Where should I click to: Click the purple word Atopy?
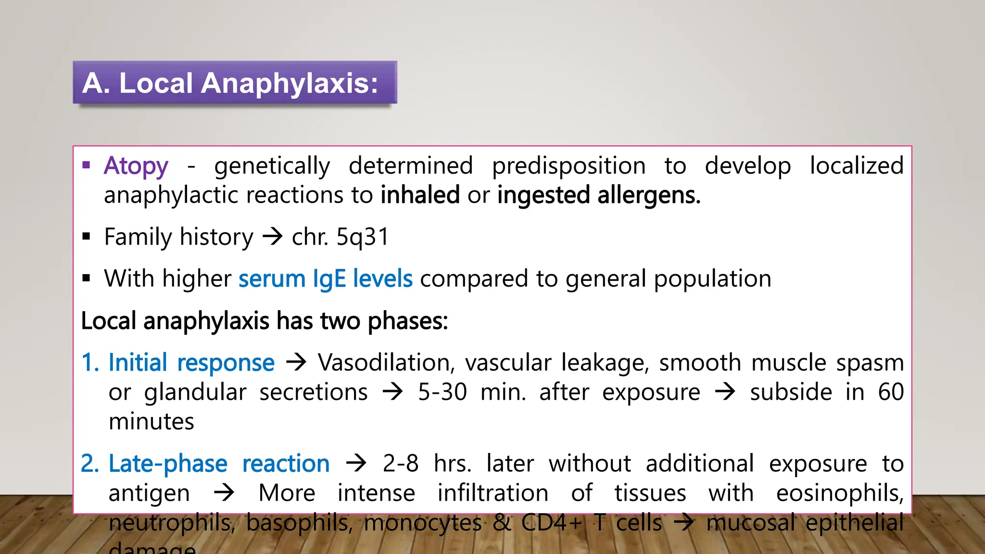coord(136,166)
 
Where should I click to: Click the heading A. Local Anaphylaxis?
coord(230,83)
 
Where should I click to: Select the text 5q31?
coord(363,237)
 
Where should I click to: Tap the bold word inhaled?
coord(420,195)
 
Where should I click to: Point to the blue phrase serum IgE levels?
coord(326,279)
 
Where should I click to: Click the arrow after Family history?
coord(272,237)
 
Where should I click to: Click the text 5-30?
coord(442,392)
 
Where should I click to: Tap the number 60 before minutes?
coord(891,392)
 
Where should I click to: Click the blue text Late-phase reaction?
coord(219,464)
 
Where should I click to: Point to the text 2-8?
coord(400,464)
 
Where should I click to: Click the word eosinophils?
coord(839,493)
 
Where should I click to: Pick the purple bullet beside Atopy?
coord(87,165)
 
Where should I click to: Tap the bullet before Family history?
coord(87,236)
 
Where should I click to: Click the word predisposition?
coord(568,166)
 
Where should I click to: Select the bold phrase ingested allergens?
coord(599,195)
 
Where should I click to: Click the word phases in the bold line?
coord(407,321)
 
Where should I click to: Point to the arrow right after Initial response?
coord(296,362)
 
